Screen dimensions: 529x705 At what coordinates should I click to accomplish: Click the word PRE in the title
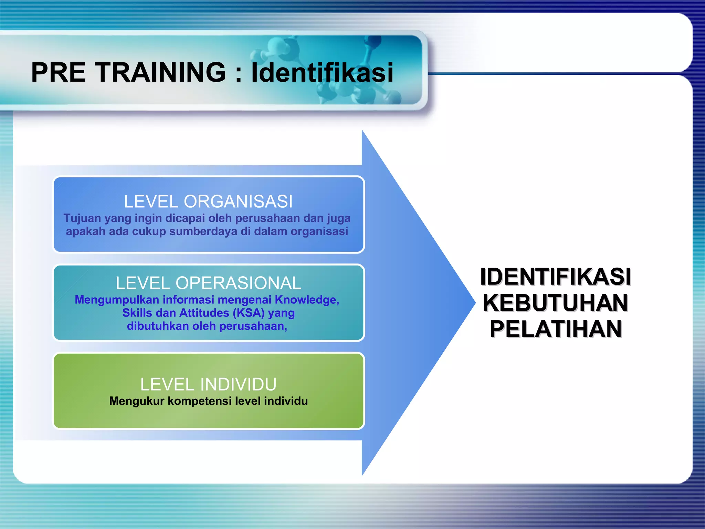tap(58, 72)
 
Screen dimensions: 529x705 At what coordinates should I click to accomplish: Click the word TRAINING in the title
tap(160, 72)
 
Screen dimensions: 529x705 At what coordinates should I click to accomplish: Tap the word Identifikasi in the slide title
tap(322, 72)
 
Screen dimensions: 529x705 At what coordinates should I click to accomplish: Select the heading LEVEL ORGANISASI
tap(208, 201)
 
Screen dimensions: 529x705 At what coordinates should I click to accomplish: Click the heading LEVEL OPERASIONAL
tap(208, 283)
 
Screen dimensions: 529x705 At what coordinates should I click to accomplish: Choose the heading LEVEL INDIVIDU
tap(208, 384)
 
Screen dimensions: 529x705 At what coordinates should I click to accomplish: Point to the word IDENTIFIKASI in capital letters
tap(555, 277)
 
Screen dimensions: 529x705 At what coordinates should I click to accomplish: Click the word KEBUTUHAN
tap(555, 303)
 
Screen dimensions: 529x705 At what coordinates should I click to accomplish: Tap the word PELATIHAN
tap(555, 329)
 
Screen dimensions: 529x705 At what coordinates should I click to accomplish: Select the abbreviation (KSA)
tap(249, 313)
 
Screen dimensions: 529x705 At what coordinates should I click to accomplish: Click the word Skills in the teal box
tap(137, 313)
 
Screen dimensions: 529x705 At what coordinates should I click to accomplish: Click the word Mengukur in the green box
tap(137, 401)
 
